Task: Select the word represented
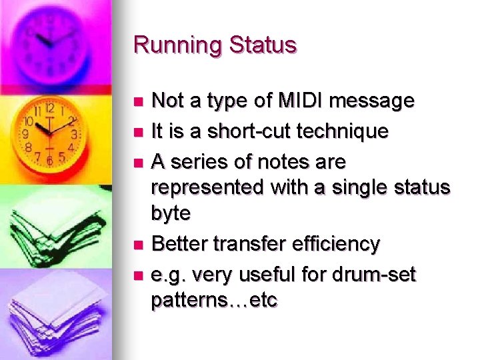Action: pos(207,189)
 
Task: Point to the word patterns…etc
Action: pos(214,301)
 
